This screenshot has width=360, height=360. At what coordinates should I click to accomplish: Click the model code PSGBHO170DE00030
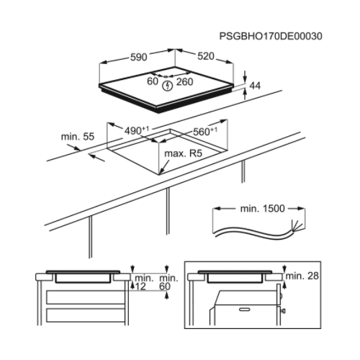coord(271,35)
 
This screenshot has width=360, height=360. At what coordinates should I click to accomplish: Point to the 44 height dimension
coord(255,86)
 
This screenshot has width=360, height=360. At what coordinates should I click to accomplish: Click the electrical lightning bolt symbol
coord(168,85)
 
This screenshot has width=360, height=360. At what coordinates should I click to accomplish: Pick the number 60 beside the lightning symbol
coord(153,82)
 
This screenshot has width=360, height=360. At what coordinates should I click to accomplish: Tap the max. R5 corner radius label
coord(184,153)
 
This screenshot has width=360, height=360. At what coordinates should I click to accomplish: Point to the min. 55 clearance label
coord(77,135)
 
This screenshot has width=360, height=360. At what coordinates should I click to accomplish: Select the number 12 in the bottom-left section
coord(140,287)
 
